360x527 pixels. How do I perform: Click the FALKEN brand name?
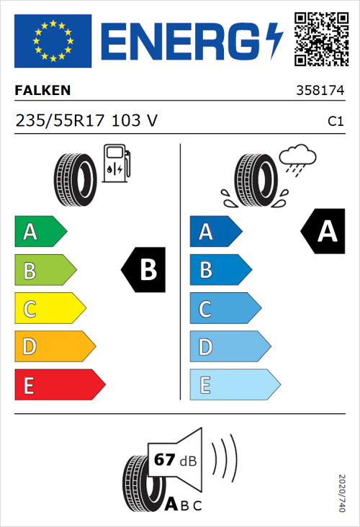click(43, 91)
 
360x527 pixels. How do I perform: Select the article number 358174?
click(320, 91)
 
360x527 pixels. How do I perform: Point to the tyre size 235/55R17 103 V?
click(86, 121)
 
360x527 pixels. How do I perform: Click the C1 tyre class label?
click(335, 122)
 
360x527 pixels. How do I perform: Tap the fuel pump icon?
click(116, 163)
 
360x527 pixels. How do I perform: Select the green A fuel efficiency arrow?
click(40, 231)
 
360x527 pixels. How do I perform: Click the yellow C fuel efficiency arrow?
click(49, 309)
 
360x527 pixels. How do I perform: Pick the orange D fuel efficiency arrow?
click(54, 347)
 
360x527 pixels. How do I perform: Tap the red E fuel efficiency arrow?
click(59, 385)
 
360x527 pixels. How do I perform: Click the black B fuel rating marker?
click(143, 270)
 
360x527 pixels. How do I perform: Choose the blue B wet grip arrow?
click(220, 270)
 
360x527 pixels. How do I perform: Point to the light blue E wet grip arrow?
click(234, 385)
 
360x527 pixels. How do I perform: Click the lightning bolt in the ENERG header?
click(275, 41)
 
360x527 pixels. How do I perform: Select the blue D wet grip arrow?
click(229, 347)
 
